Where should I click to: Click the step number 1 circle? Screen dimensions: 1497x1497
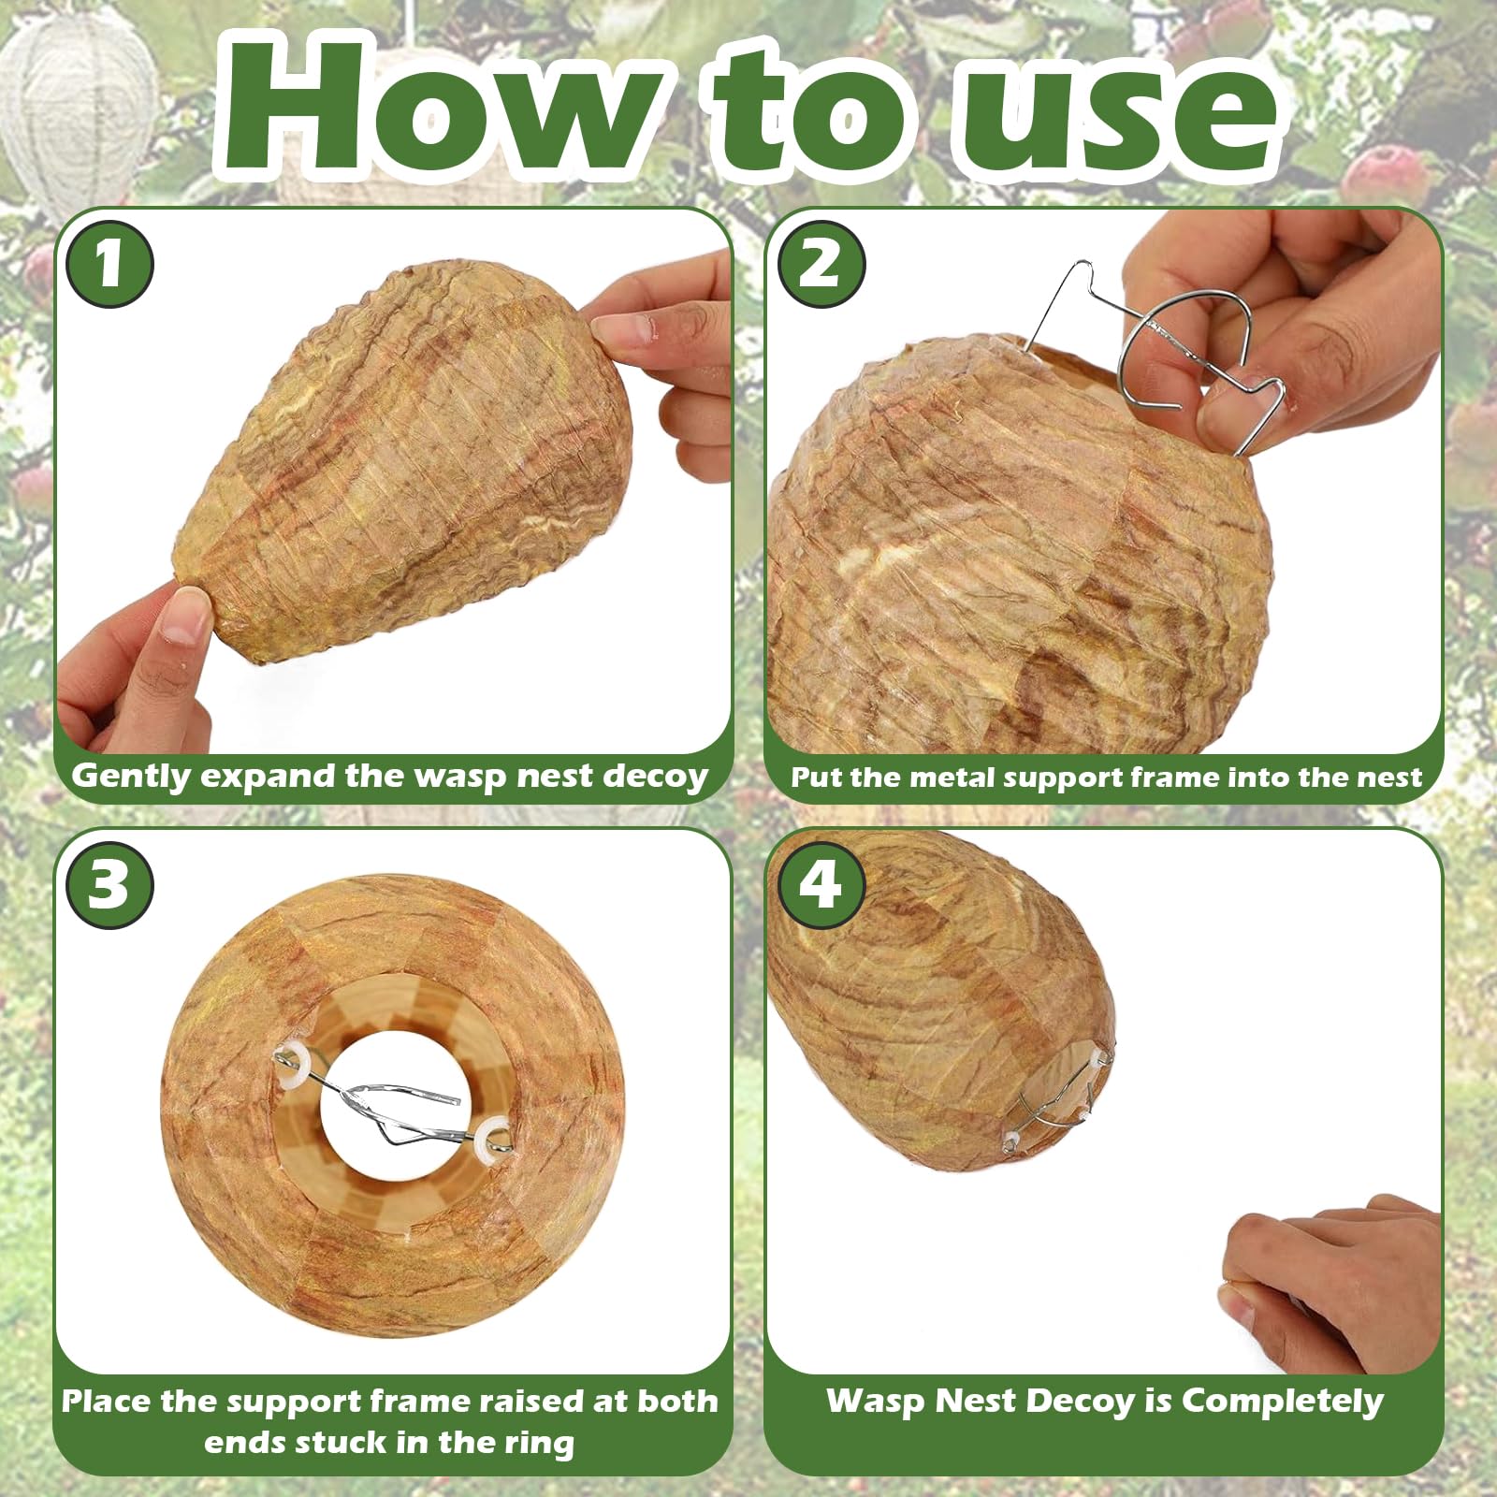[x=109, y=265]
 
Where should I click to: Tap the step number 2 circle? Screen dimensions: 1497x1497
[x=821, y=265]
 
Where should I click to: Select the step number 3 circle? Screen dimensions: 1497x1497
[x=109, y=884]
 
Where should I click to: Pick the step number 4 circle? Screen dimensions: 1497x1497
[x=821, y=884]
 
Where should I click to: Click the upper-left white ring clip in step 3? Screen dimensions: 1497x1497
[x=295, y=1064]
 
